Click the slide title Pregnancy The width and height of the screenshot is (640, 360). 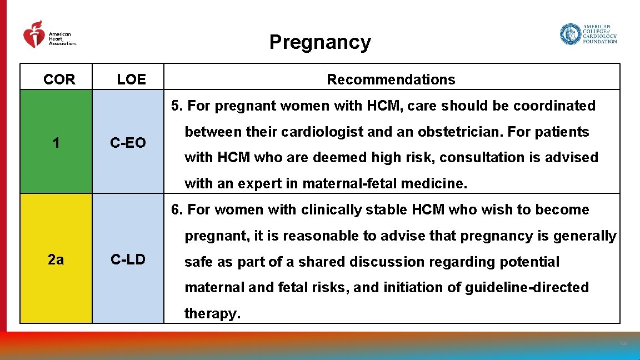coord(320,42)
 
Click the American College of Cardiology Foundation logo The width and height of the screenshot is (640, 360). coord(588,34)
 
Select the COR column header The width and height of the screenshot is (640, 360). coord(59,79)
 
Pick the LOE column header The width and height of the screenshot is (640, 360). coord(132,79)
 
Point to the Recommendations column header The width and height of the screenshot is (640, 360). coord(391,79)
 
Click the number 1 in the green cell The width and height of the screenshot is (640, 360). coord(56,143)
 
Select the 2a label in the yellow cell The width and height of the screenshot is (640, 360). coord(56,259)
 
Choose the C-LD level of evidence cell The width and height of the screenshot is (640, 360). coord(128,259)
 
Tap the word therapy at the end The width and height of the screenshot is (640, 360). coord(212,314)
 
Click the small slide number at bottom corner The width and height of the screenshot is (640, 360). coord(622,344)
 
